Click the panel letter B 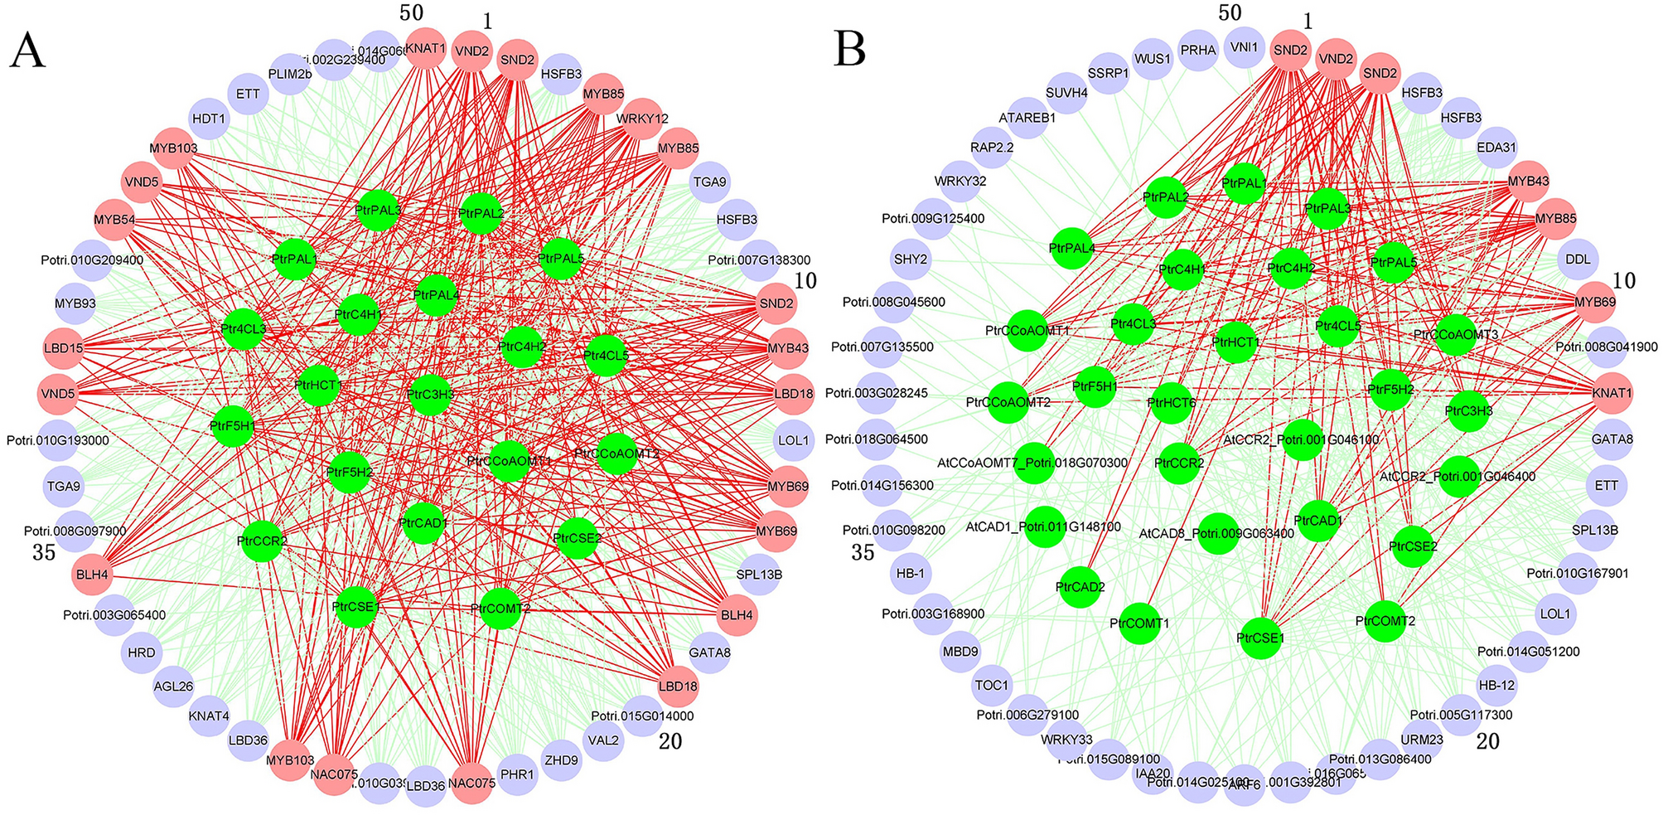coord(850,50)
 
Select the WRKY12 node coord(642,119)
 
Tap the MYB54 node coord(114,221)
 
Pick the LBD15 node coord(64,348)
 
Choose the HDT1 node coord(209,119)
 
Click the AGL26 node coord(174,686)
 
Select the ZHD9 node coord(562,760)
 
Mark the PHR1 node coord(518,774)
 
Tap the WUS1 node coord(1153,60)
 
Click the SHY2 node coord(911,260)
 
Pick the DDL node coord(1578,260)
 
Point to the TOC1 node coord(992,686)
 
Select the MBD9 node coord(960,652)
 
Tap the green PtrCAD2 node coord(1080,587)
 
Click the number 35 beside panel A coord(44,552)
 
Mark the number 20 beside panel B coord(1488,741)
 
